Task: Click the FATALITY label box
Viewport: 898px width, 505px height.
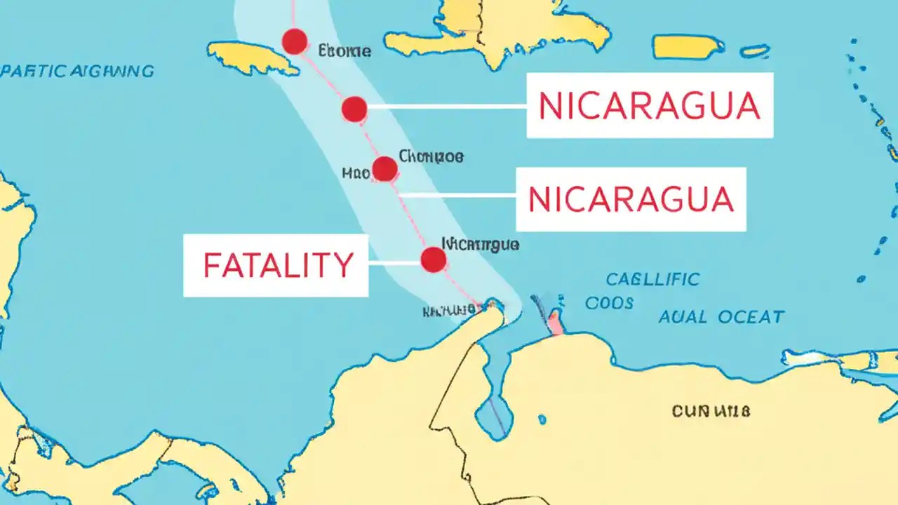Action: click(276, 265)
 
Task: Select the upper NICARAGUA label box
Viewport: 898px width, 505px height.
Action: click(649, 105)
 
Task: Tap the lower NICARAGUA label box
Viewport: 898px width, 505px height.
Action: click(631, 199)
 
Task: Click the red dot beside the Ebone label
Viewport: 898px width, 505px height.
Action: click(295, 42)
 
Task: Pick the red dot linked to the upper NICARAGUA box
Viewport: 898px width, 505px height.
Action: click(354, 109)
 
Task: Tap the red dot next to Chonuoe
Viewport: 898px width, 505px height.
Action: click(384, 169)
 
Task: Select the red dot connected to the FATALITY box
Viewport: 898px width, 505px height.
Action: click(434, 260)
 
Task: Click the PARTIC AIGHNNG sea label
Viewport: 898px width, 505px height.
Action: click(77, 71)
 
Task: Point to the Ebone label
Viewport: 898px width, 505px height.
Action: click(344, 50)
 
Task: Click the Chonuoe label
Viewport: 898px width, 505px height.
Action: click(431, 156)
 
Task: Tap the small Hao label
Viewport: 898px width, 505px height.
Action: click(356, 173)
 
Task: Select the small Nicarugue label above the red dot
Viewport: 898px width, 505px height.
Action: click(481, 244)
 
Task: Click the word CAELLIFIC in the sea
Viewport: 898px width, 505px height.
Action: click(652, 279)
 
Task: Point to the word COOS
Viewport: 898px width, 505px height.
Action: click(609, 303)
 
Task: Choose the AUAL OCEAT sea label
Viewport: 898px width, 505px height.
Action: click(721, 317)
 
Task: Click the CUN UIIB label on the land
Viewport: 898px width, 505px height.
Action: click(710, 411)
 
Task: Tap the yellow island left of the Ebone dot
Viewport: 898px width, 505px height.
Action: click(253, 58)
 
